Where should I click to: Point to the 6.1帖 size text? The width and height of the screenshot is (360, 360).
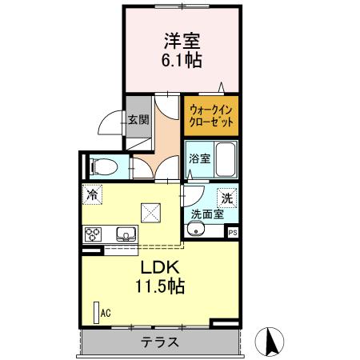tap(182, 59)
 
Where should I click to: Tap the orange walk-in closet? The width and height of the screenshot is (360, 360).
tap(211, 116)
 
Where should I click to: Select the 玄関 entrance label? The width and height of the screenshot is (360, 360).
tap(138, 121)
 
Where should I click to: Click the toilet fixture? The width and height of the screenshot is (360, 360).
tap(103, 167)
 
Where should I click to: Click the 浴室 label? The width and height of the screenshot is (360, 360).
tap(199, 158)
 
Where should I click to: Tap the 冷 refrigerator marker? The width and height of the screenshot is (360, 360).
tap(93, 194)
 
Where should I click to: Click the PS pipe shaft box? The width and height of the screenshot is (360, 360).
tap(233, 232)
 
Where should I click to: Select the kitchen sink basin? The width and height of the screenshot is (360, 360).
tap(125, 234)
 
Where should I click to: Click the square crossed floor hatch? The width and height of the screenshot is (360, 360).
tap(150, 213)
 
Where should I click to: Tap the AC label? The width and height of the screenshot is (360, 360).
tap(105, 313)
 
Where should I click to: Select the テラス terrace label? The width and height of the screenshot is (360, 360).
tap(160, 342)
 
